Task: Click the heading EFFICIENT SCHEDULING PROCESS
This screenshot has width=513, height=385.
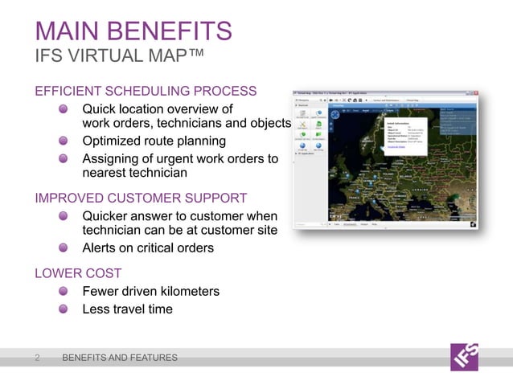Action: (146, 91)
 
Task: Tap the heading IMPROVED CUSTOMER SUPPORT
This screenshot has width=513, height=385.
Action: (141, 198)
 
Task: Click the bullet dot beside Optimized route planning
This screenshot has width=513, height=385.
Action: (63, 141)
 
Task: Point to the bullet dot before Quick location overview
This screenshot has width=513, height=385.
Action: (63, 109)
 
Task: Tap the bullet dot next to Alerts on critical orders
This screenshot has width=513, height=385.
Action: (63, 248)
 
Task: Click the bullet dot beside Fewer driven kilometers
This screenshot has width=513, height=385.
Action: (63, 292)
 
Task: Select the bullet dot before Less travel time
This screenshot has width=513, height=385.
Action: (63, 309)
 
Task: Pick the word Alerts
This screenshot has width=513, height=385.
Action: (101, 248)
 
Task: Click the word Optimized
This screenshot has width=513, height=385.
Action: (113, 141)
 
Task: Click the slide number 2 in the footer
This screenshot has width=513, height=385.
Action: (37, 358)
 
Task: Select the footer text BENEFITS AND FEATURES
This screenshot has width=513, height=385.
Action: (120, 358)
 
